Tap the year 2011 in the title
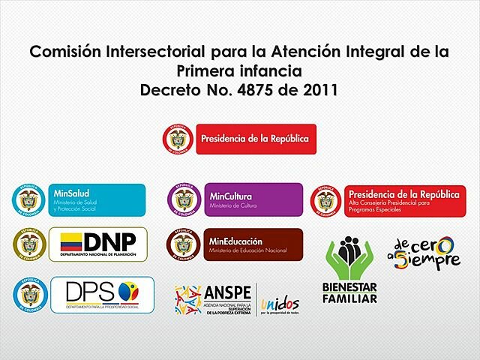[317, 91]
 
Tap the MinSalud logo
[96, 199]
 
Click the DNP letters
[109, 241]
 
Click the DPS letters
[89, 291]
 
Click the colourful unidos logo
[280, 304]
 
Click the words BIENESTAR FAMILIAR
[350, 293]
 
